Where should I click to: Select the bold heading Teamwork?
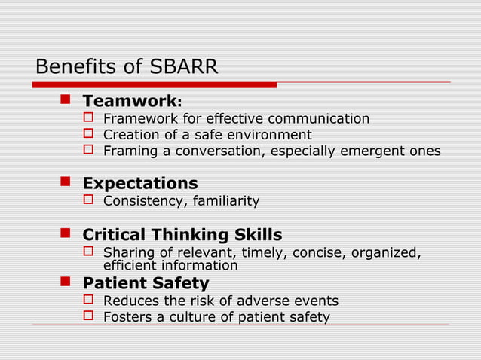point(128,101)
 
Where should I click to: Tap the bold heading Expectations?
point(139,183)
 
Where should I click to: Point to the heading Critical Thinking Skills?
point(182,234)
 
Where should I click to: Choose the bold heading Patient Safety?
point(146,283)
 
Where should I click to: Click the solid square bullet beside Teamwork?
point(65,100)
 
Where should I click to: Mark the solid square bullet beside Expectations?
point(65,182)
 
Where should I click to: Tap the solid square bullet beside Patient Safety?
point(65,282)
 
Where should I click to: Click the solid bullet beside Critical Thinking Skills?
point(65,233)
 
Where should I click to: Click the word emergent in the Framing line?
point(372,151)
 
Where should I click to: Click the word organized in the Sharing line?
point(381,252)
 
